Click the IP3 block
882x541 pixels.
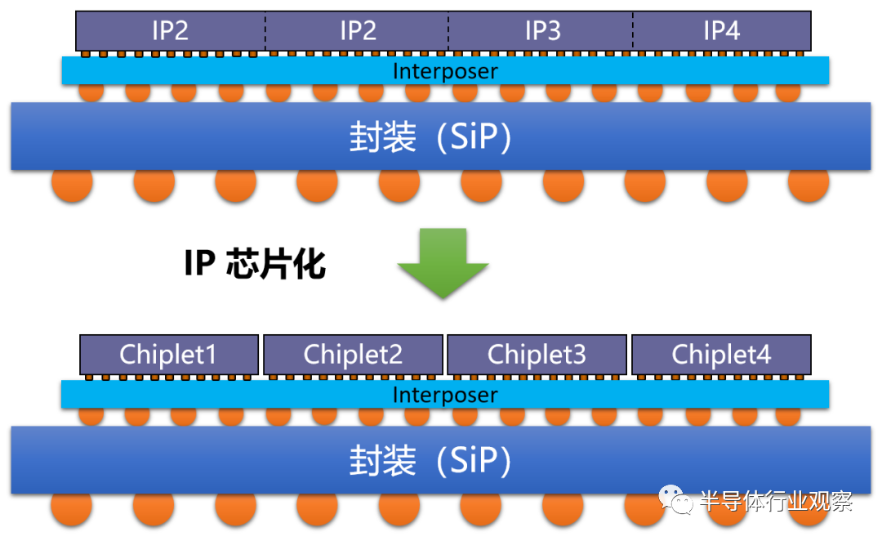(x=541, y=31)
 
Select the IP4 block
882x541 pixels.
(x=722, y=31)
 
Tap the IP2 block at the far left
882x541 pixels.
(x=170, y=31)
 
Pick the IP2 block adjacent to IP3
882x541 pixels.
(x=357, y=31)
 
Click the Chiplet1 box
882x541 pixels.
(x=169, y=355)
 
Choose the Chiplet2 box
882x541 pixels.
(x=353, y=355)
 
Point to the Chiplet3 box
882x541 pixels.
(x=537, y=355)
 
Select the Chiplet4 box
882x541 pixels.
(x=721, y=355)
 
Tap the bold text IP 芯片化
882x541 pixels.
(x=255, y=265)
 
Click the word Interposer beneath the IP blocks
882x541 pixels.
(x=445, y=71)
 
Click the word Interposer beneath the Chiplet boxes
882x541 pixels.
(x=445, y=396)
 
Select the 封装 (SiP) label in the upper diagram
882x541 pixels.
(x=430, y=137)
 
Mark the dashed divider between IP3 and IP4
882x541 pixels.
(x=633, y=31)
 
